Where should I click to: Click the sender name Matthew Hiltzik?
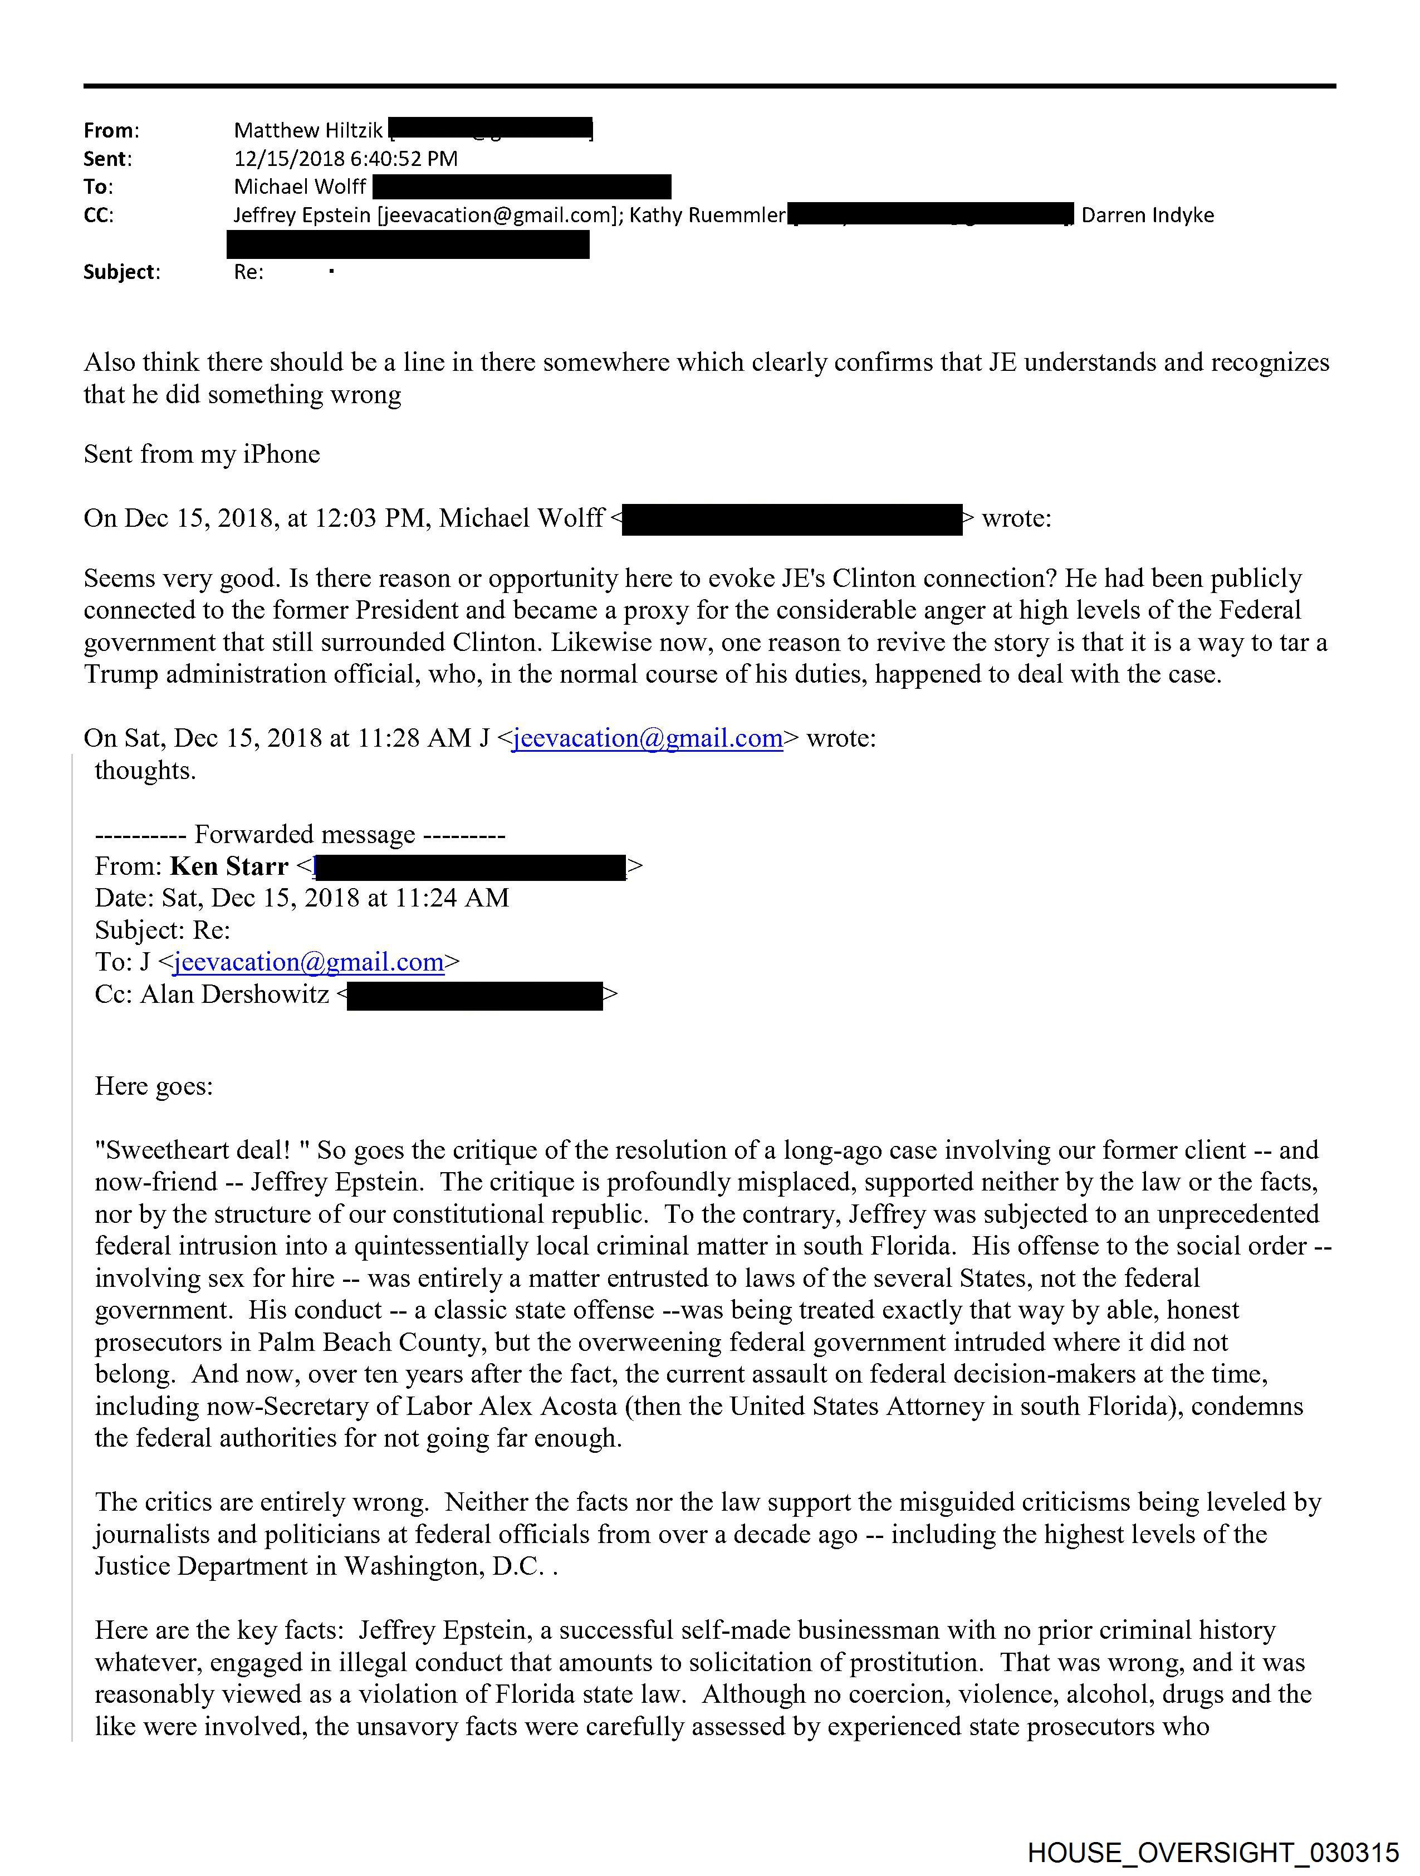[308, 131]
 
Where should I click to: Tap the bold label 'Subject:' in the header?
[121, 272]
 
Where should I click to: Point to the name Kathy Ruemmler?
[707, 215]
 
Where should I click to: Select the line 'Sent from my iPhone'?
[202, 454]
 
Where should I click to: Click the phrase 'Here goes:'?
[154, 1086]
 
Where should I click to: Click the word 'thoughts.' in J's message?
[145, 770]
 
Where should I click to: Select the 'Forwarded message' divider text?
[305, 835]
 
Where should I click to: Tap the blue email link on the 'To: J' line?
[309, 963]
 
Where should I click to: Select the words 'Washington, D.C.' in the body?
[444, 1566]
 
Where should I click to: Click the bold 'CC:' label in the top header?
[99, 215]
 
